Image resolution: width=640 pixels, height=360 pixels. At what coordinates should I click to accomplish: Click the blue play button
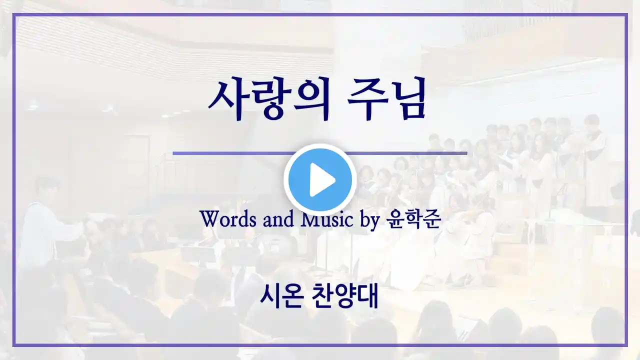(320, 180)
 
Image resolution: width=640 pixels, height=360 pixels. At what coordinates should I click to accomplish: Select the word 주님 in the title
(387, 98)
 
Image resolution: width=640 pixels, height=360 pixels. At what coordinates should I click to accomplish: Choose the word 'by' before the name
(370, 220)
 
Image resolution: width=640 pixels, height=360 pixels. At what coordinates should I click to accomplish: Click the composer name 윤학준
(413, 219)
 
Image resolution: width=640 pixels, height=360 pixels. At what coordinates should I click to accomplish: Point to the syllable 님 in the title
(407, 98)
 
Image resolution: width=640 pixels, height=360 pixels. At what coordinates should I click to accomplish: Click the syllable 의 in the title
(311, 98)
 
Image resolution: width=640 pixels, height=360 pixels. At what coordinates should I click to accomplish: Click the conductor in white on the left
(43, 225)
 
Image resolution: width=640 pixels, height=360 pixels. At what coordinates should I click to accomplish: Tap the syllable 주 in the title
(366, 98)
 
